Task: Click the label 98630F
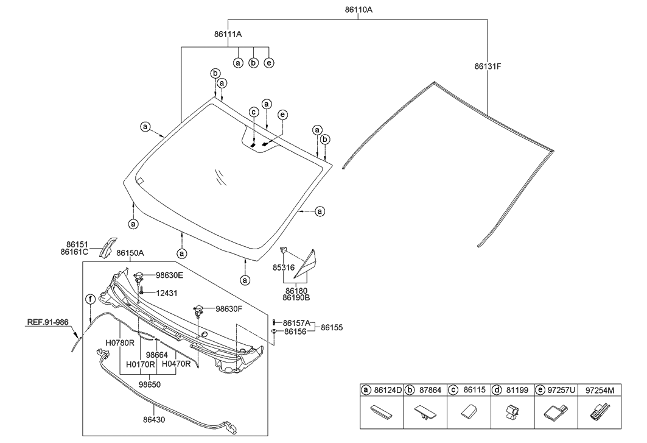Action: tap(229, 309)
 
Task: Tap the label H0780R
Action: tap(119, 344)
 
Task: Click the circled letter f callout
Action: tap(90, 299)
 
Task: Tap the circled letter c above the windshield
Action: tap(253, 112)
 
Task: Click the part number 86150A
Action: tap(130, 253)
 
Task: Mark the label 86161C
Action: tap(74, 251)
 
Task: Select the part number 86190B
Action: tap(296, 298)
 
